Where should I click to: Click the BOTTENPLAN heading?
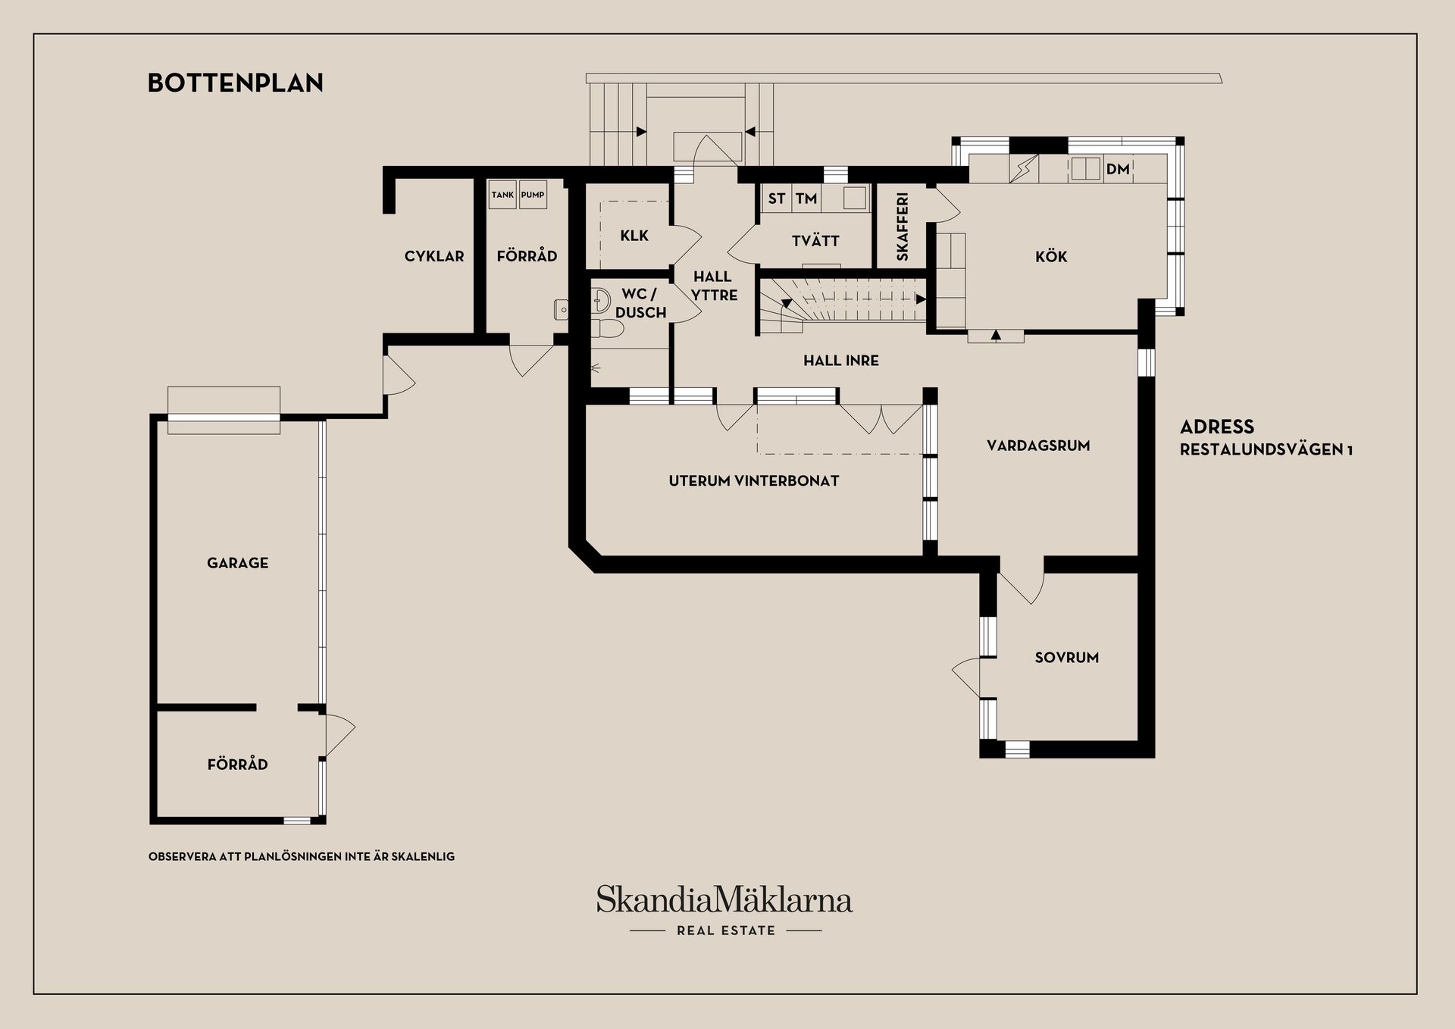point(235,83)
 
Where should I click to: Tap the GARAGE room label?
point(237,563)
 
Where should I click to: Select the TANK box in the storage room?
point(502,195)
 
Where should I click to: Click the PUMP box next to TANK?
point(533,195)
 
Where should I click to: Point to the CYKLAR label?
point(434,256)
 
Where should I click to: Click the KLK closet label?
point(634,236)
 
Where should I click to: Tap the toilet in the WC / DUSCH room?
point(608,329)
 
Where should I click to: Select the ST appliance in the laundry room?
point(776,199)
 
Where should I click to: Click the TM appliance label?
point(806,199)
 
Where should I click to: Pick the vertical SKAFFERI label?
point(902,227)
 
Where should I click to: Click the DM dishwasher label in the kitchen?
point(1118,169)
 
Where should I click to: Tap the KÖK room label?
point(1051,257)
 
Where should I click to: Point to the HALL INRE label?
point(841,361)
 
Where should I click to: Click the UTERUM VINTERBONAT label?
point(753,480)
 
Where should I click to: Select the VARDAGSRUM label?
point(1038,446)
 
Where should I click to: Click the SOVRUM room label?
point(1066,658)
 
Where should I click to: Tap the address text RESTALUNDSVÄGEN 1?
point(1266,449)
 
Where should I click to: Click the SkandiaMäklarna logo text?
point(724,900)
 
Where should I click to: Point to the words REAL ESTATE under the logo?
point(726,930)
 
